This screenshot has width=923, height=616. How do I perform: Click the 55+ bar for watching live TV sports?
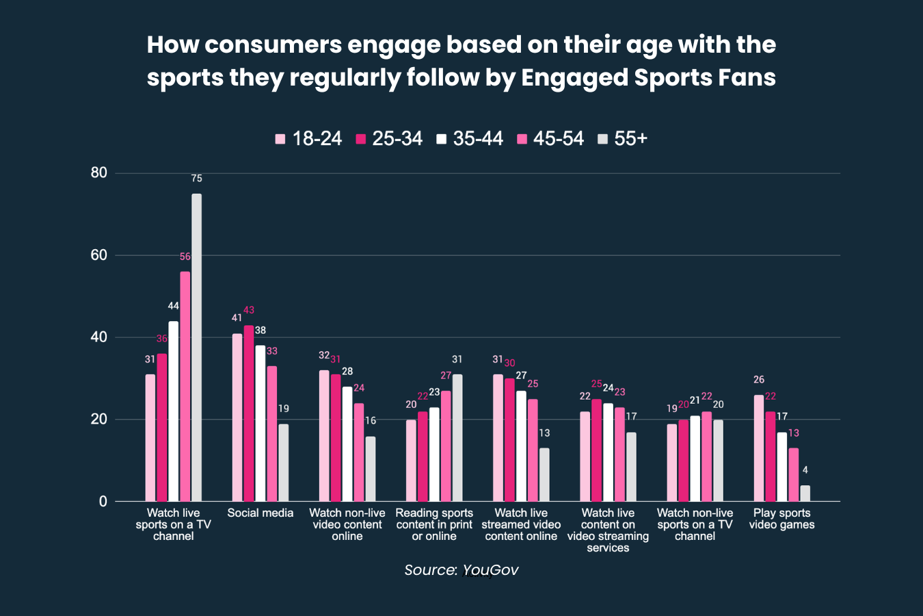coord(196,348)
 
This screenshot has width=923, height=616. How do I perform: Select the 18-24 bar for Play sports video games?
coord(759,448)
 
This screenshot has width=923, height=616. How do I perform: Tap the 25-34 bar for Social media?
coord(249,413)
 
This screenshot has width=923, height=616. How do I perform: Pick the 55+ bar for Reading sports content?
coord(457,438)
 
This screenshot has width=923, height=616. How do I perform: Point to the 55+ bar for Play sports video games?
coord(805,493)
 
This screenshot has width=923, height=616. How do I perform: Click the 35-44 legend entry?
coord(470,139)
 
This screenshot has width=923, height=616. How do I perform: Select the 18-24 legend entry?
coord(308,139)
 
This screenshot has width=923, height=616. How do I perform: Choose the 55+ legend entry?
coord(622,139)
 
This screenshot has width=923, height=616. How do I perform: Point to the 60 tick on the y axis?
coord(99,255)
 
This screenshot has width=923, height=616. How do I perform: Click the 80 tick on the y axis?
coord(99,173)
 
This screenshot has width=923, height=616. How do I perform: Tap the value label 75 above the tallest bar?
coord(197,179)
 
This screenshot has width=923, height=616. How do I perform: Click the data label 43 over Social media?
coord(249,311)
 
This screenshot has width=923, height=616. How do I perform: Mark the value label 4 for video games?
coord(805,470)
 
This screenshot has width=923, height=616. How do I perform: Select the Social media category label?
coord(260,513)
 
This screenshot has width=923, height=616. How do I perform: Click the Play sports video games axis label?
coord(781,519)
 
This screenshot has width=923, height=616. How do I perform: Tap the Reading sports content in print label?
coord(434,524)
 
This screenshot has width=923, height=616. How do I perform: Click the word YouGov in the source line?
coord(490,570)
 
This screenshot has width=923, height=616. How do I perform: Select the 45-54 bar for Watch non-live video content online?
coord(359,452)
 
